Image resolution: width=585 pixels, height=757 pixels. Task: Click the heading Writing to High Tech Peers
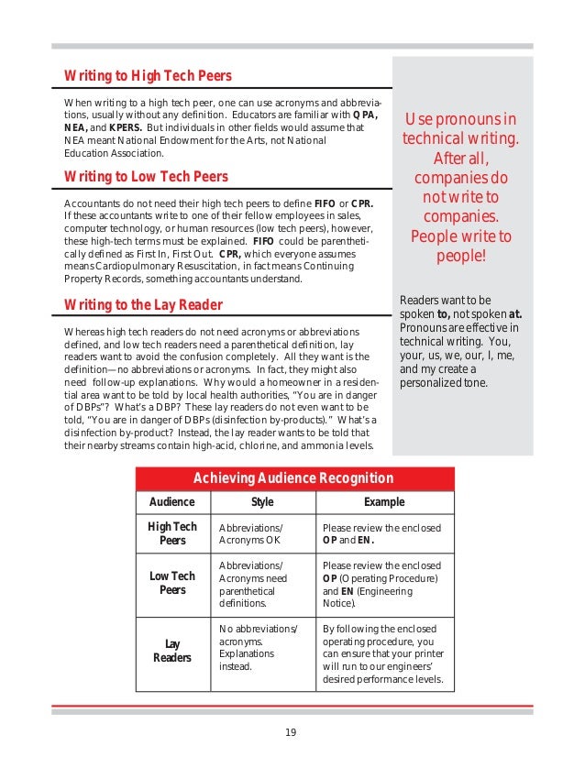point(148,75)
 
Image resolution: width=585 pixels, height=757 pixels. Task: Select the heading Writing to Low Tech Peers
point(146,176)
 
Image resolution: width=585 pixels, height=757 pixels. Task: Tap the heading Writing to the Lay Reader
point(143,303)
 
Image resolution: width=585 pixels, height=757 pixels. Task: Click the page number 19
point(291,731)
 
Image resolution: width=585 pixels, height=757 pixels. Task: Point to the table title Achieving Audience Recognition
point(293,478)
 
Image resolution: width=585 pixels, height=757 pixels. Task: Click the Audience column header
point(171,502)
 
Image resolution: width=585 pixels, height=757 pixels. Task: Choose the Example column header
point(384,502)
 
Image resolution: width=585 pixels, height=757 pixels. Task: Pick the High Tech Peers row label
point(171,533)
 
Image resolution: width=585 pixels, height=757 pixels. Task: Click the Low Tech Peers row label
point(171,583)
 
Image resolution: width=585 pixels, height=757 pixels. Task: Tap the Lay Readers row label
point(171,651)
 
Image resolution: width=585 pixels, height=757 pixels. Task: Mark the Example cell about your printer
point(384,654)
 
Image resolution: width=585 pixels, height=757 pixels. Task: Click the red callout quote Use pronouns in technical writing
point(460,186)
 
